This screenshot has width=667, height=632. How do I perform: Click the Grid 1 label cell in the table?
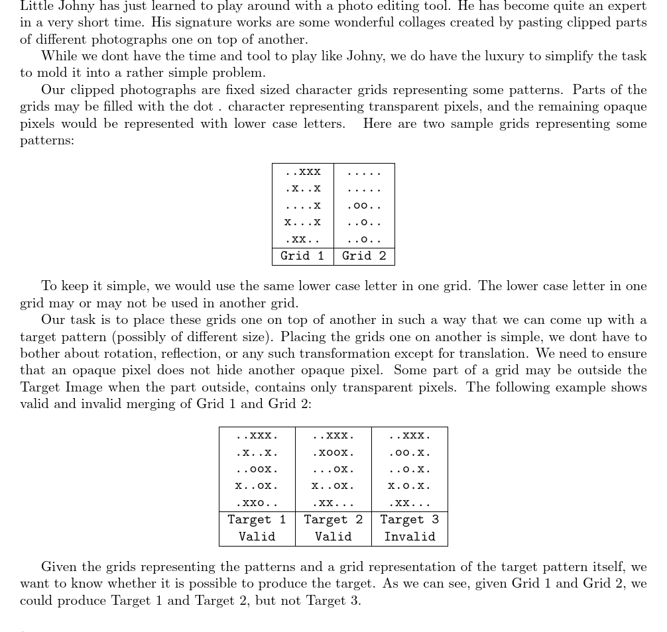click(x=302, y=256)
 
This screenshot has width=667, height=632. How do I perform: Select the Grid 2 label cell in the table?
click(x=364, y=256)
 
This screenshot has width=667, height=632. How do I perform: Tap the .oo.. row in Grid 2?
click(x=364, y=205)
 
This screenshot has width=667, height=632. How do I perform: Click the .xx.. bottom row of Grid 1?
click(x=302, y=239)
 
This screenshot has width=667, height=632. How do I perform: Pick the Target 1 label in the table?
click(x=257, y=520)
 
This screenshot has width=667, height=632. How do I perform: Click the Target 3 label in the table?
click(x=409, y=520)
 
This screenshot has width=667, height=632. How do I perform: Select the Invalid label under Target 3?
click(x=409, y=537)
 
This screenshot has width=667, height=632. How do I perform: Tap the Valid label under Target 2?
click(x=333, y=537)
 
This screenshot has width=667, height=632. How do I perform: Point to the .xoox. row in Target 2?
click(x=333, y=452)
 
